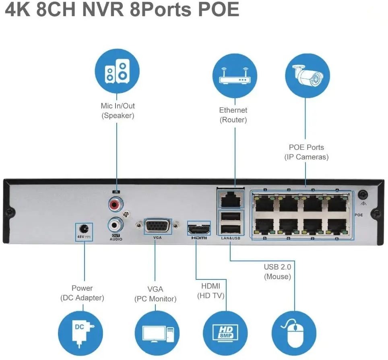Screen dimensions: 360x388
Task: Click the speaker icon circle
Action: coord(117,71)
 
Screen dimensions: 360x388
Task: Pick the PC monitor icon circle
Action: coord(156,331)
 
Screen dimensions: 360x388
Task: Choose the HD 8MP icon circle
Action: coord(225,331)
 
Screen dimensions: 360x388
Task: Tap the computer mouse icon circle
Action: coord(294,331)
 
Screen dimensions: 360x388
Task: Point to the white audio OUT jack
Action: coord(116,223)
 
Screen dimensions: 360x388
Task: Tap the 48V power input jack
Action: coord(84,227)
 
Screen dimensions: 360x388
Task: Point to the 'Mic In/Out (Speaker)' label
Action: coord(118,111)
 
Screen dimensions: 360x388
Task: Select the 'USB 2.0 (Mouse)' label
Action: coord(277,272)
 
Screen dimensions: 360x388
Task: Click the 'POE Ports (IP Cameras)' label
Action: coord(306,152)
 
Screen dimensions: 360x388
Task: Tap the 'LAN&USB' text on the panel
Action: coord(230,239)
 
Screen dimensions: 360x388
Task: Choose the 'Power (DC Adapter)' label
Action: coord(82,293)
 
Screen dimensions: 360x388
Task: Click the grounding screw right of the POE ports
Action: coord(363,195)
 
